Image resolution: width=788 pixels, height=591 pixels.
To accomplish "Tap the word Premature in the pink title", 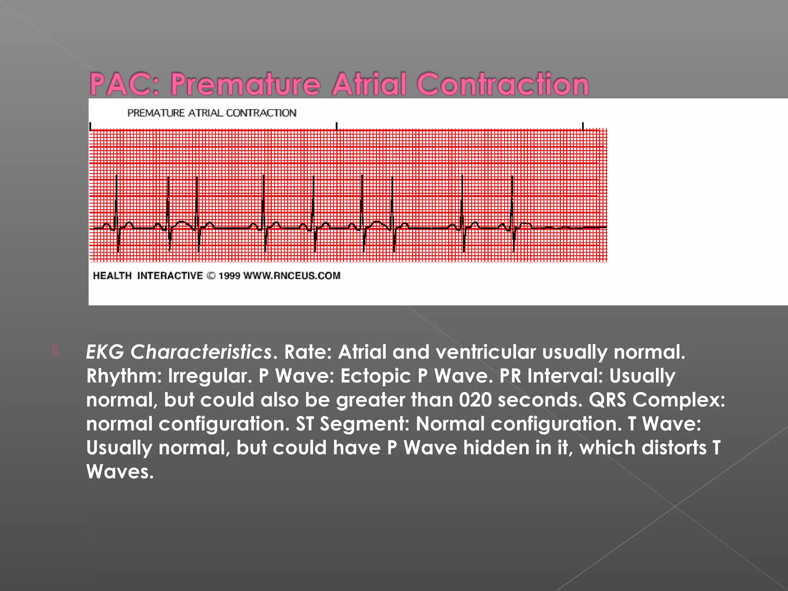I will (245, 84).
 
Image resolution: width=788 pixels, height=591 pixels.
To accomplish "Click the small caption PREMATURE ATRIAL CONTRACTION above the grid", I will (212, 113).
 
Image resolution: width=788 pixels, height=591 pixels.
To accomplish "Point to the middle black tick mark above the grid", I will (337, 126).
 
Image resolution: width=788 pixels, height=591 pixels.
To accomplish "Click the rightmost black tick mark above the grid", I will (583, 126).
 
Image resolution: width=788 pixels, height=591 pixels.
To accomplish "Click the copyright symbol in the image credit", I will (211, 276).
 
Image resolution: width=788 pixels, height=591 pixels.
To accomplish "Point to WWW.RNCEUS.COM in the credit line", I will (292, 276).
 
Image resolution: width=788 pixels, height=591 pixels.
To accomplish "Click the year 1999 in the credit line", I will (229, 276).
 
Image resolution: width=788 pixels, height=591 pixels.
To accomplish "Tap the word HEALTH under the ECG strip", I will (112, 276).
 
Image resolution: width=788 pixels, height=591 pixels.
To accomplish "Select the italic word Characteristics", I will (201, 352).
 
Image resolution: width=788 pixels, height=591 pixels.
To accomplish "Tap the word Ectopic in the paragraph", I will (376, 376).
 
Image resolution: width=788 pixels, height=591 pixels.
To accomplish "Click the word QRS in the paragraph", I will (608, 400).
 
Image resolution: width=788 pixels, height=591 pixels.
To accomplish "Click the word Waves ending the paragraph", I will (119, 472).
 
